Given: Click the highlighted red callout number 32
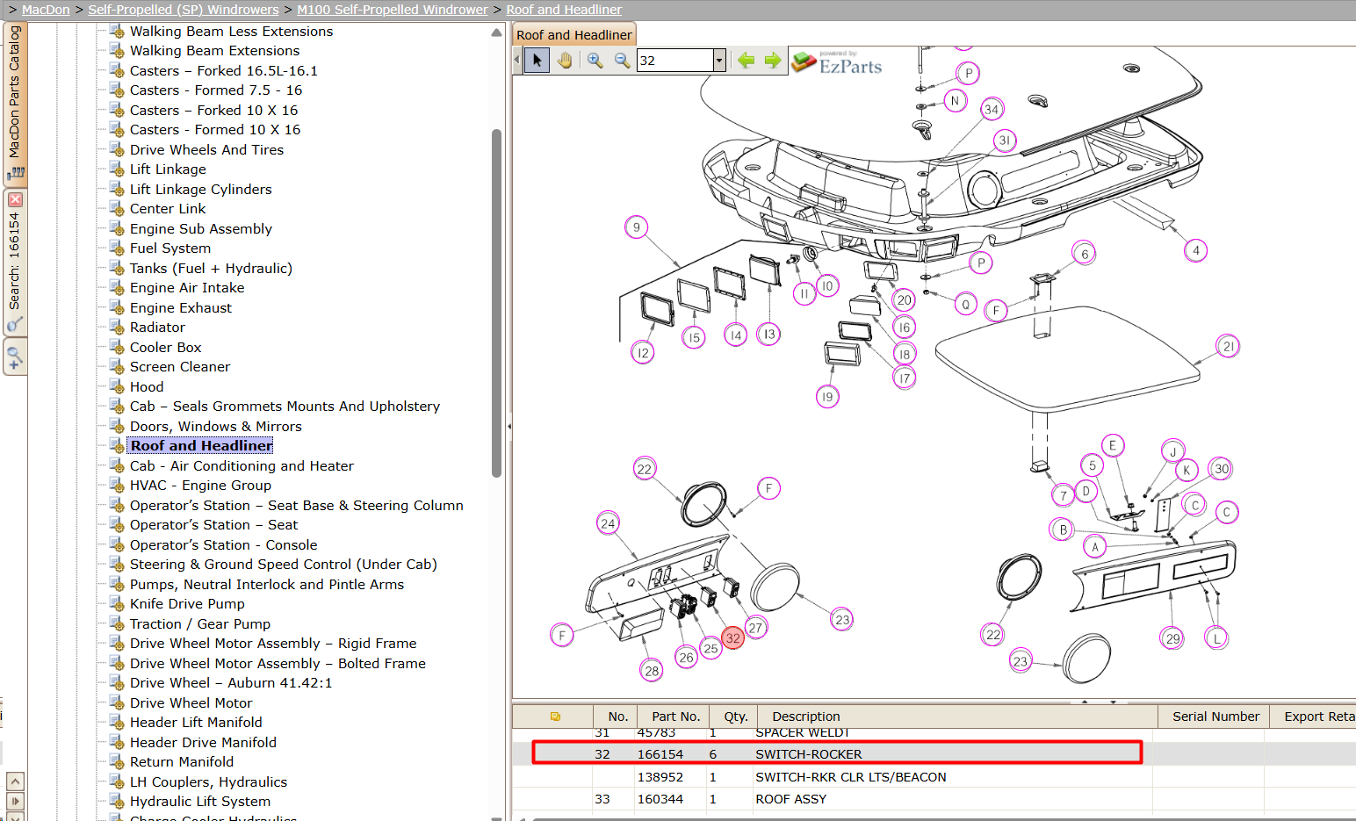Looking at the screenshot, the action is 732,637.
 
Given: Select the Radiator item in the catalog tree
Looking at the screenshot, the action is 157,328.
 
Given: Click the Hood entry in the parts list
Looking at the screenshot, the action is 147,387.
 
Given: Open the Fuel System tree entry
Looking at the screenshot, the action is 170,248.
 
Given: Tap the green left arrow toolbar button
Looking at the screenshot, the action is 746,60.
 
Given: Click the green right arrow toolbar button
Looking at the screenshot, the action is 773,60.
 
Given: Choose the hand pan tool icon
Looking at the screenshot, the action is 564,60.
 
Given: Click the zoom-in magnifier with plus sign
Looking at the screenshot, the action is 595,60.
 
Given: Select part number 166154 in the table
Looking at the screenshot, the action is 660,754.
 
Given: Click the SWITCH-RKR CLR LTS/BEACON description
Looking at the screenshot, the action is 850,777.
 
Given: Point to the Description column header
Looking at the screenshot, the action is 805,717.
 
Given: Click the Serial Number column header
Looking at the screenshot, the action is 1215,717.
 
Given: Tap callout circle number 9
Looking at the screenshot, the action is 636,227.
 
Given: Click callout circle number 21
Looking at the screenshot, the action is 1228,346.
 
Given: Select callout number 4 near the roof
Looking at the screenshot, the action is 1195,250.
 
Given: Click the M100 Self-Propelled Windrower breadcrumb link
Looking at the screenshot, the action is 393,10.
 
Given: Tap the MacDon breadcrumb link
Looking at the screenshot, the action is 46,10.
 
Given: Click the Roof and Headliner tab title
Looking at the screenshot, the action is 573,35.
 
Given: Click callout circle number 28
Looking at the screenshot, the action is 652,670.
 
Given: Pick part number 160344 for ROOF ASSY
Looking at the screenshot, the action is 660,799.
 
